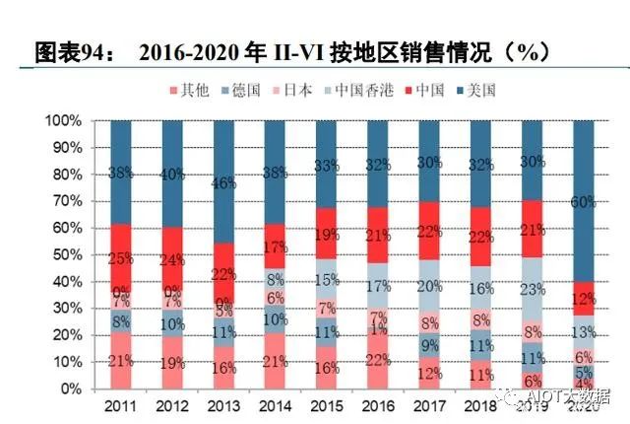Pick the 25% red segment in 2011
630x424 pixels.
122,257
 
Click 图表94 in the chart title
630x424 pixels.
69,50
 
